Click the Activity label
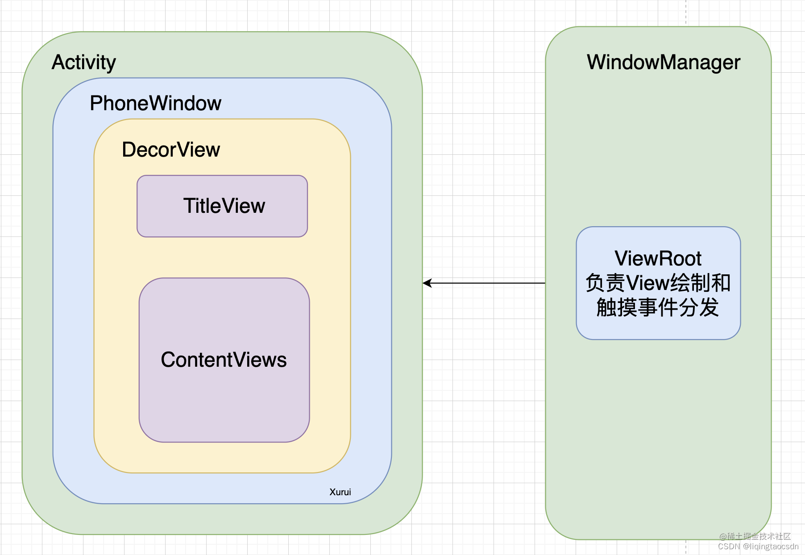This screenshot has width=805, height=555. click(84, 62)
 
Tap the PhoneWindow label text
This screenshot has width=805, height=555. click(155, 103)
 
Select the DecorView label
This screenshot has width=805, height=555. click(171, 149)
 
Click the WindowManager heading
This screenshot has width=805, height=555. click(663, 62)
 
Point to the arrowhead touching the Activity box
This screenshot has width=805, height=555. click(427, 283)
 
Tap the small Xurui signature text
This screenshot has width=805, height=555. click(340, 492)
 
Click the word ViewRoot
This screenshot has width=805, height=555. click(658, 258)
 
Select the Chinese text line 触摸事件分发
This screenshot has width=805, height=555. click(658, 307)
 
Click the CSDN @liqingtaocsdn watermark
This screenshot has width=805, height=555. click(758, 547)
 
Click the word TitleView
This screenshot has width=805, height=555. click(224, 206)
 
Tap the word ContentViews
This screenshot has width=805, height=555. click(224, 360)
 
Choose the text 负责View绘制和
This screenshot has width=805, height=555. click(658, 283)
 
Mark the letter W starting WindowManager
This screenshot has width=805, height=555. click(596, 62)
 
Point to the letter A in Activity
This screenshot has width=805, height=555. click(58, 62)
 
